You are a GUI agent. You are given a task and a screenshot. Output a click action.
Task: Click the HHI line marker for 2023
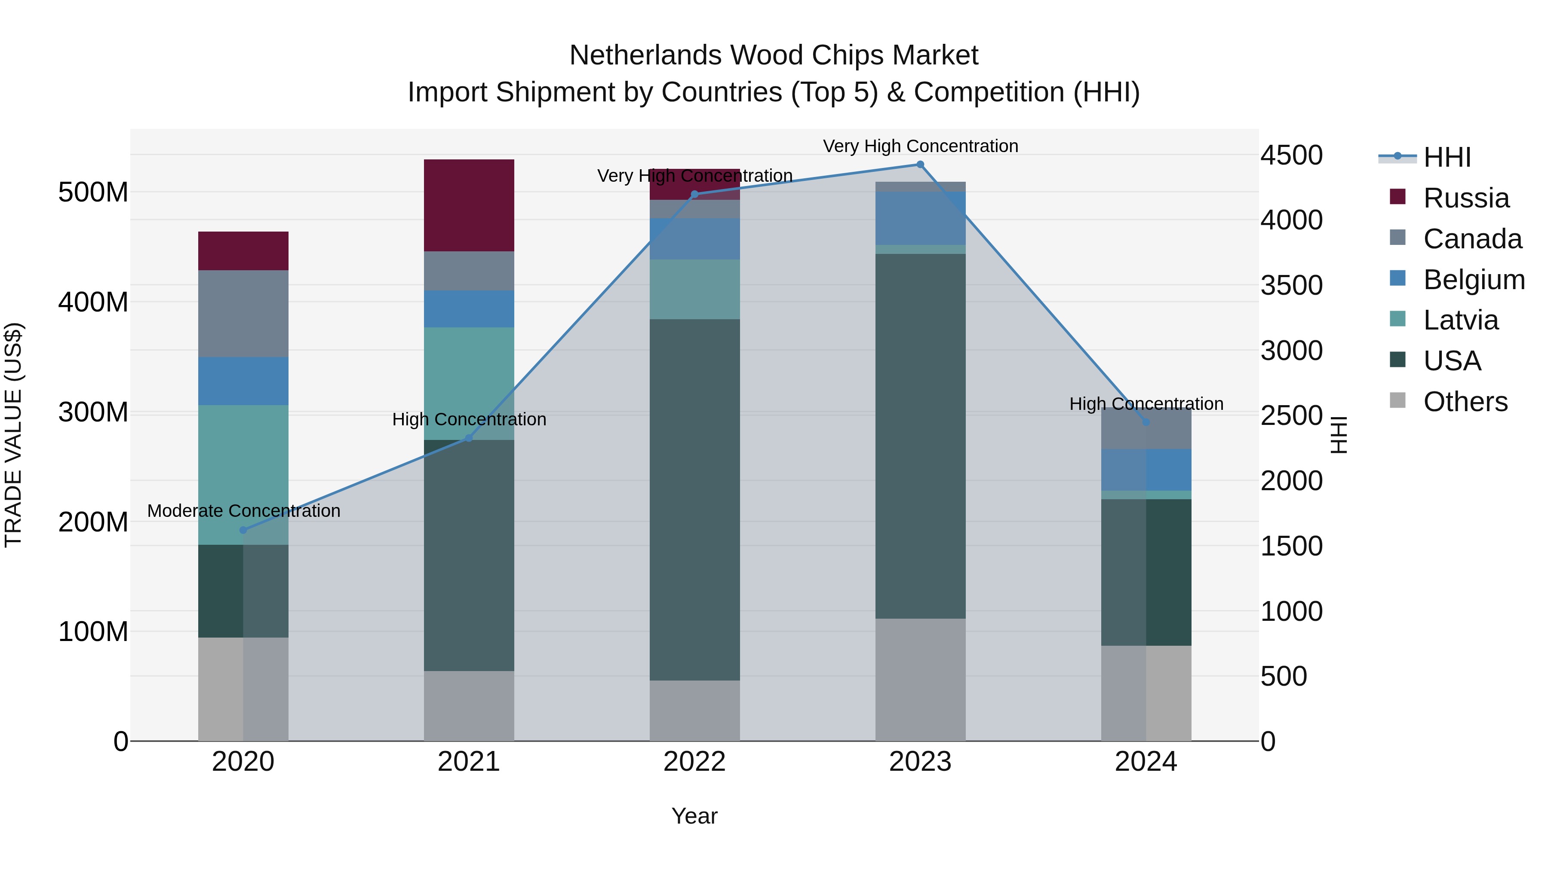tap(920, 165)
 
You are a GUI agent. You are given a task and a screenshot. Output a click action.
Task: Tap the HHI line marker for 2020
tap(243, 530)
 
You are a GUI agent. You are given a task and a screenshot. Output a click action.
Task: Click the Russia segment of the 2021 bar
tap(469, 205)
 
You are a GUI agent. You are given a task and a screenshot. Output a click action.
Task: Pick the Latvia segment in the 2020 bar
tap(243, 474)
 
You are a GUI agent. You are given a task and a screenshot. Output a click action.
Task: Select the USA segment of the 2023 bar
tap(920, 436)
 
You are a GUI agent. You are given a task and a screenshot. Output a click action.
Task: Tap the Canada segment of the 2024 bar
tap(1146, 429)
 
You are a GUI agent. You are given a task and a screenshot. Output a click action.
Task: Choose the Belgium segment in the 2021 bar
tap(469, 308)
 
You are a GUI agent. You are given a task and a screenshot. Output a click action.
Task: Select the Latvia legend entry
tap(1460, 320)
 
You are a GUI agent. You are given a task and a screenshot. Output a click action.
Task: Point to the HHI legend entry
tap(1447, 157)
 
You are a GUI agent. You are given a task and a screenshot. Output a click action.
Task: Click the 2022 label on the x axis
tap(695, 762)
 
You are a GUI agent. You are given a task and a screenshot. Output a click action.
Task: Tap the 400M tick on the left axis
tap(93, 302)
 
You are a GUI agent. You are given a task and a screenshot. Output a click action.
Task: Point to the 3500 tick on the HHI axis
tap(1291, 285)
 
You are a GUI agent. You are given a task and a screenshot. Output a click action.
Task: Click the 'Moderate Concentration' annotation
tap(243, 511)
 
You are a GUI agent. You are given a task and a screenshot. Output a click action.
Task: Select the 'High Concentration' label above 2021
tap(469, 419)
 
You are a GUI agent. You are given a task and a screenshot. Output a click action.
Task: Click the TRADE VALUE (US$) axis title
tap(13, 435)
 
